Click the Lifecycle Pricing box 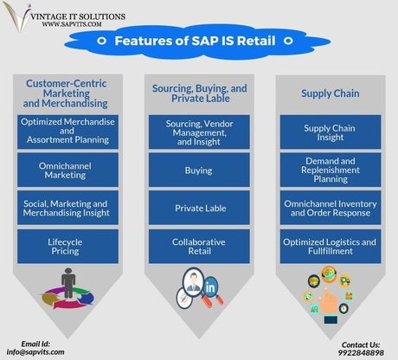[x=67, y=247]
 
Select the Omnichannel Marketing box [x=67, y=170]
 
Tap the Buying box [x=199, y=170]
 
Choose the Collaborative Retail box [x=199, y=247]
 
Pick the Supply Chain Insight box [x=331, y=132]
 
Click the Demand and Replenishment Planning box [x=331, y=170]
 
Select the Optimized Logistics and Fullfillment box [x=331, y=247]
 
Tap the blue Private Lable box [x=199, y=208]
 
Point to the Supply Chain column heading [x=331, y=93]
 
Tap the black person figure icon [x=68, y=283]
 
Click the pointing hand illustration [x=329, y=305]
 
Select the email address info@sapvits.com [x=35, y=352]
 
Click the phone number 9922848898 [x=361, y=352]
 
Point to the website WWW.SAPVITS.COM [x=72, y=24]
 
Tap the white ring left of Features [x=101, y=41]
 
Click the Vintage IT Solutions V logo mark [x=18, y=16]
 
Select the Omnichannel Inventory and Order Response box [x=331, y=208]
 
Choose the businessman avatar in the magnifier [x=194, y=282]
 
